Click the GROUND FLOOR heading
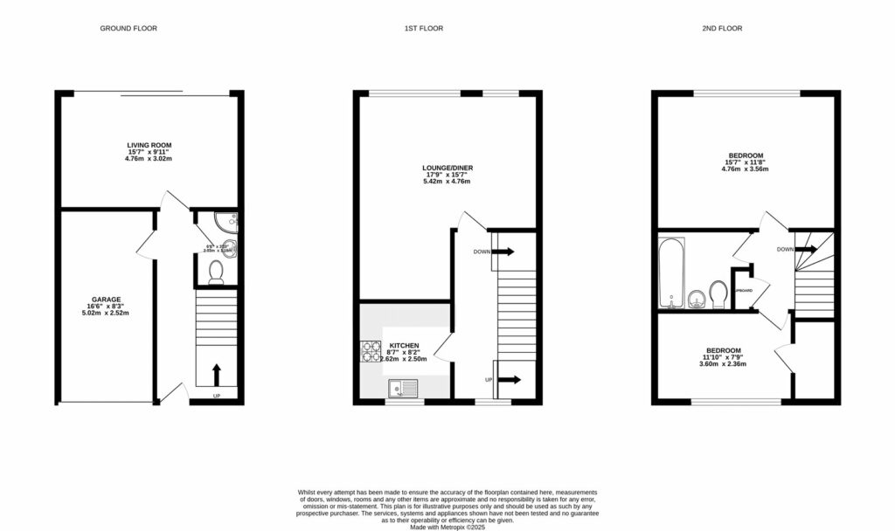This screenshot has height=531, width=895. (x=128, y=29)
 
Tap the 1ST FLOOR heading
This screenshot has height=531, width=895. (x=423, y=29)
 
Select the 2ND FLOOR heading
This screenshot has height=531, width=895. (x=722, y=29)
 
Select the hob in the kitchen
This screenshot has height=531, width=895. (x=371, y=351)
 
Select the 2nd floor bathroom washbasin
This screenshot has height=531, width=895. (x=697, y=300)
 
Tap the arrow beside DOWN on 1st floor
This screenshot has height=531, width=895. (x=504, y=252)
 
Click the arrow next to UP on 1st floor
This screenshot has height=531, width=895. (x=508, y=380)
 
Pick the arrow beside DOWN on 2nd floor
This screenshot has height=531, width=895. (x=807, y=250)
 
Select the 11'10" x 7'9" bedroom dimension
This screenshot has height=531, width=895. (x=722, y=356)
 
